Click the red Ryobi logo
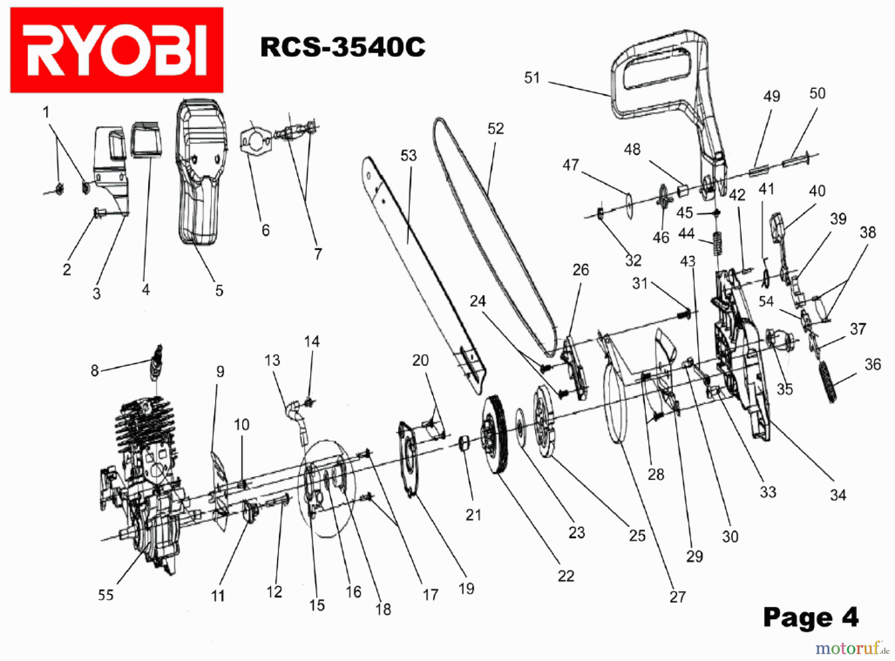116,50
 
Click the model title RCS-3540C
343,47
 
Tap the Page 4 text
810,617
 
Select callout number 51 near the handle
532,78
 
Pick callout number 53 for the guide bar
408,156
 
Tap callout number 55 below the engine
105,594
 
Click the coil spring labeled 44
716,243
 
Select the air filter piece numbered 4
146,141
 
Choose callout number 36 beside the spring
873,364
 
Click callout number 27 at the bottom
677,596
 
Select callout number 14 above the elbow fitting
312,341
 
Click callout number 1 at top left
46,112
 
